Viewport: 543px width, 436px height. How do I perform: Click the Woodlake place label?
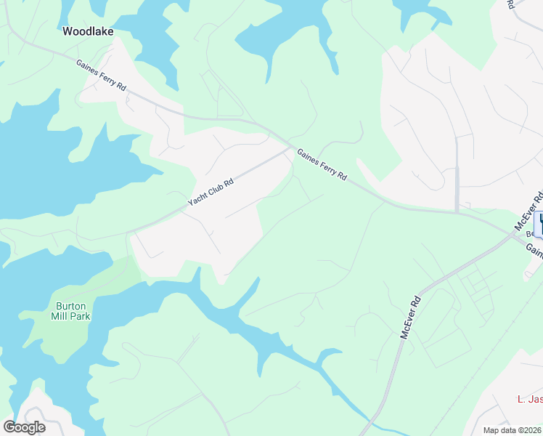[88, 31]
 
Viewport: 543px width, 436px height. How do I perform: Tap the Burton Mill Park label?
[70, 310]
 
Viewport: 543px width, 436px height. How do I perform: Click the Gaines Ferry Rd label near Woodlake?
[101, 76]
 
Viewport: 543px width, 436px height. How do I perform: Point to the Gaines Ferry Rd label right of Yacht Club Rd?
[322, 166]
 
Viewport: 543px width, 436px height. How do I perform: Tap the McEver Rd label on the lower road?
[411, 317]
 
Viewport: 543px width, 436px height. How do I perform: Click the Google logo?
[24, 427]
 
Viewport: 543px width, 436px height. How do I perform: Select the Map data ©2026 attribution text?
[513, 430]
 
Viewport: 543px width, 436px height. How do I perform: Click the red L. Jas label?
[529, 399]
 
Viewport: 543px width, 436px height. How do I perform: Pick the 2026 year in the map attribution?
[531, 430]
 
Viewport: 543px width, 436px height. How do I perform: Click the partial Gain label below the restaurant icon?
[535, 251]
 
